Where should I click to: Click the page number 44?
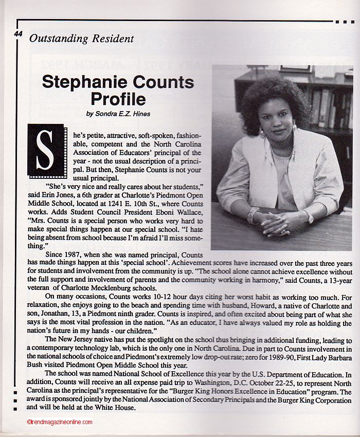[19, 34]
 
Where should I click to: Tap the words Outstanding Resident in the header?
[82, 39]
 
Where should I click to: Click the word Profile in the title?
[118, 99]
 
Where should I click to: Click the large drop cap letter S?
[47, 150]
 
